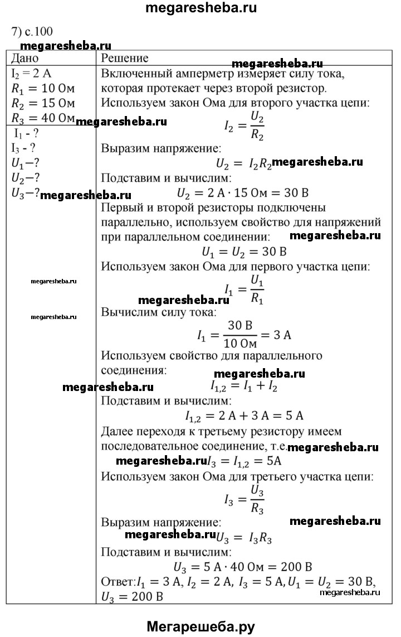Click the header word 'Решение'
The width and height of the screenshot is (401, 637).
(125, 59)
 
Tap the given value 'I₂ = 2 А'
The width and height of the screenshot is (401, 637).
(32, 74)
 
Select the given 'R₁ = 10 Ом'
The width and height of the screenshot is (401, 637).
(42, 88)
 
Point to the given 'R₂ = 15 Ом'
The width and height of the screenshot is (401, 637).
(42, 103)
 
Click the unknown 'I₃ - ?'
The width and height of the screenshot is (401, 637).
(24, 148)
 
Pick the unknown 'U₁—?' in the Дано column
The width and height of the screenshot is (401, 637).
(26, 163)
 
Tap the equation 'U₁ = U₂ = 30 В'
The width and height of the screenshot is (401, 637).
(243, 251)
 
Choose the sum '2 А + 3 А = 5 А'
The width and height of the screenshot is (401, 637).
(243, 416)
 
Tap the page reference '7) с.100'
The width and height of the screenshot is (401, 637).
(32, 31)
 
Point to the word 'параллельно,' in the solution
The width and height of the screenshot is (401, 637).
(135, 223)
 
